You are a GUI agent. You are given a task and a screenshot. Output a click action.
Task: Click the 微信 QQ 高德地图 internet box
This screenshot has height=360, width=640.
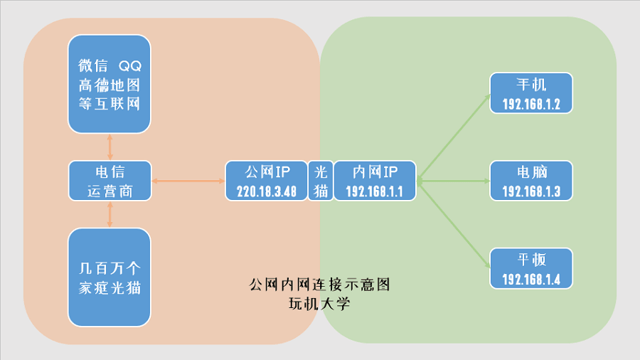tap(110, 84)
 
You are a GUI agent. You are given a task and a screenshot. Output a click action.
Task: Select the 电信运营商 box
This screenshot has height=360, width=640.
tap(110, 181)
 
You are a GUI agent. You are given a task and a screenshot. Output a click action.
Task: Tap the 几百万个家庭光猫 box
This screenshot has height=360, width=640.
tap(110, 277)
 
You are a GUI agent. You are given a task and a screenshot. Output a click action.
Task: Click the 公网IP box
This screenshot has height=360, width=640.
tap(267, 181)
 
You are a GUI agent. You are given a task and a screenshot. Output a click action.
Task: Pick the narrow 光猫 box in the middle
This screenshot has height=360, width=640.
tap(321, 181)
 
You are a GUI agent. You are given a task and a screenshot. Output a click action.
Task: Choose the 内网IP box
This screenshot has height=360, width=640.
tap(375, 181)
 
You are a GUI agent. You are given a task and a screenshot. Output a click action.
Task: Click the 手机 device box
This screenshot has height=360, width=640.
tap(531, 93)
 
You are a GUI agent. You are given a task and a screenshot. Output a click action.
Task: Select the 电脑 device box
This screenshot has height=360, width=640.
tap(531, 181)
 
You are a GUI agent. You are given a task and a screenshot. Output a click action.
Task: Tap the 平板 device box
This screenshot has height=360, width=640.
tap(531, 268)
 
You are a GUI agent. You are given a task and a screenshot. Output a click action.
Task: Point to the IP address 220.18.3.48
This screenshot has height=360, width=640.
tap(267, 191)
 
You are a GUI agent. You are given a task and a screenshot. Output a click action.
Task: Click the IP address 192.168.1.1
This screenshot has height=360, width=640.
tap(374, 191)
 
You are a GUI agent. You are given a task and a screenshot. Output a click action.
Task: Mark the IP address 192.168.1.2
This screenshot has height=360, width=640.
tap(531, 104)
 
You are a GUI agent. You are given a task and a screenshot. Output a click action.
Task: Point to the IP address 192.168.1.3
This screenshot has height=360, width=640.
tap(531, 191)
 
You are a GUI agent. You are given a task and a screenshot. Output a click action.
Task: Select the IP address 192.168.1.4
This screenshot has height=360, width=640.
tap(531, 280)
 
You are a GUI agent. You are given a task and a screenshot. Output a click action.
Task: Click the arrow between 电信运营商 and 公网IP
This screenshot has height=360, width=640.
tap(188, 181)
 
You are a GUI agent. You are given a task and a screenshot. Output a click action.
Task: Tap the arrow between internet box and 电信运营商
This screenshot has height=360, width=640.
tap(110, 147)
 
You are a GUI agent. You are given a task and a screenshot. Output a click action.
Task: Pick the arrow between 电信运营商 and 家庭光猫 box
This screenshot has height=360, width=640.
tap(110, 214)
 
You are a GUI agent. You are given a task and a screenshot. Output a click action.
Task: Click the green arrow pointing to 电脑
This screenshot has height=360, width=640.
tap(453, 181)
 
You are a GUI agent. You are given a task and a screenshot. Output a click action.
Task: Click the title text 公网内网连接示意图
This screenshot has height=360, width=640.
tap(319, 285)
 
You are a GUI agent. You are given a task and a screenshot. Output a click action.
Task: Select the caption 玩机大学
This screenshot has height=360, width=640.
tap(319, 304)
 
